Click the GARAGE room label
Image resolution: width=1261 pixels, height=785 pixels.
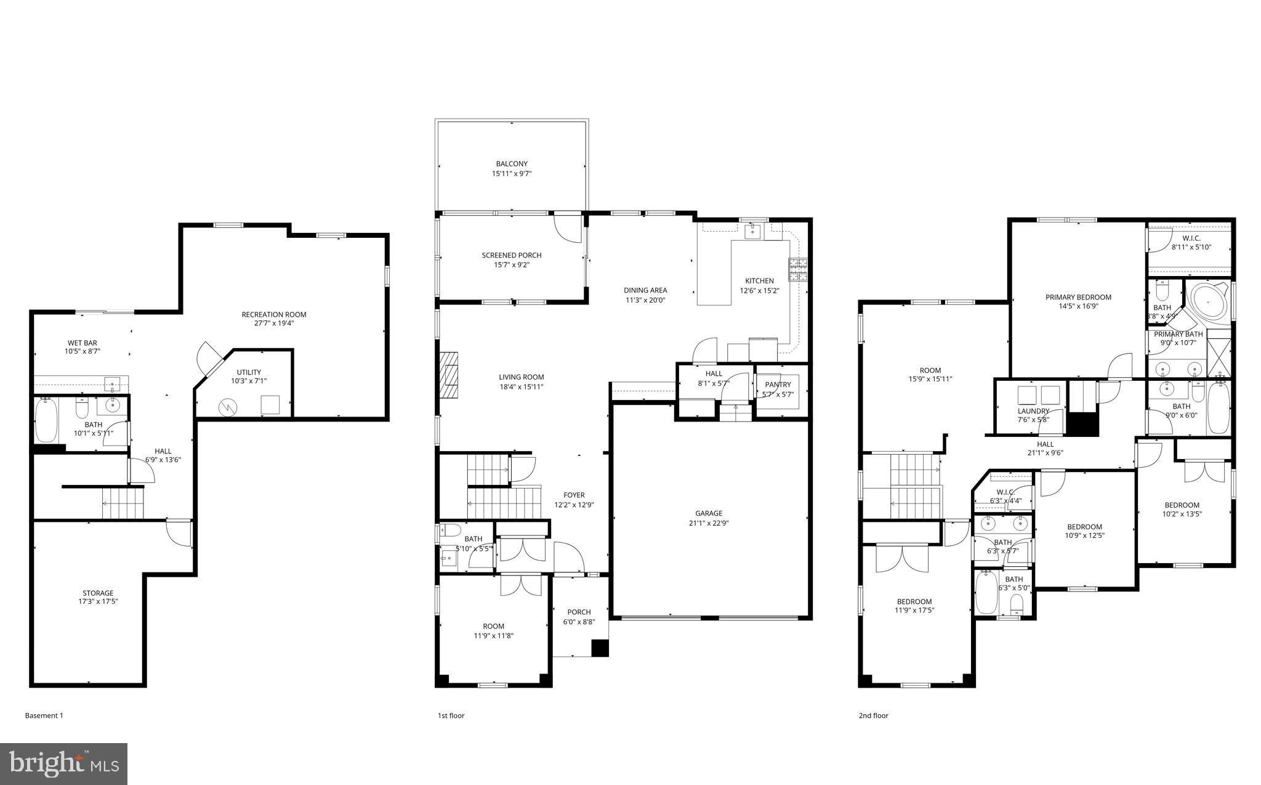pyautogui.click(x=709, y=513)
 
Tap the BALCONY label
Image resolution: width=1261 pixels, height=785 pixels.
pyautogui.click(x=512, y=164)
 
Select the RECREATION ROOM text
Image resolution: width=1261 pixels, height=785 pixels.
pyautogui.click(x=273, y=314)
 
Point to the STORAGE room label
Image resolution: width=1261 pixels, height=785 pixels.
pyautogui.click(x=98, y=593)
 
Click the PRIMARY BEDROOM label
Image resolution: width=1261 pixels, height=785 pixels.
pyautogui.click(x=1078, y=297)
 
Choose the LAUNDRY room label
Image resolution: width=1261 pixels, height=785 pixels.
pyautogui.click(x=1033, y=411)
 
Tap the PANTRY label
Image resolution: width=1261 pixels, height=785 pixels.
pyautogui.click(x=778, y=384)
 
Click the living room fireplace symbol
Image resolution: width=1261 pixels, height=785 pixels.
pyautogui.click(x=449, y=375)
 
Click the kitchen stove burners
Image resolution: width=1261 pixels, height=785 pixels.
pyautogui.click(x=798, y=269)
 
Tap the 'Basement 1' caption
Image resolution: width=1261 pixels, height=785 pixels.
pyautogui.click(x=44, y=715)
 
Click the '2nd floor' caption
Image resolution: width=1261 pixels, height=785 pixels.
pyautogui.click(x=873, y=715)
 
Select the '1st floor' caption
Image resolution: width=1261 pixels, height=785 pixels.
pyautogui.click(x=451, y=715)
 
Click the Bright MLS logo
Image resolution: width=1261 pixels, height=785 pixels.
pyautogui.click(x=64, y=764)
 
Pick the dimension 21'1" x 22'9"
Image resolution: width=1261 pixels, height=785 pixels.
pyautogui.click(x=709, y=523)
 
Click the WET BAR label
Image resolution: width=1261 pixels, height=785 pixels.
pyautogui.click(x=82, y=343)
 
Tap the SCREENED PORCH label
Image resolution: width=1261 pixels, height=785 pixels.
pyautogui.click(x=511, y=255)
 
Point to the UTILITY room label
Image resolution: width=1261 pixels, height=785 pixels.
pyautogui.click(x=249, y=372)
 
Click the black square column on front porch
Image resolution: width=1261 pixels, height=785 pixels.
pyautogui.click(x=600, y=648)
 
